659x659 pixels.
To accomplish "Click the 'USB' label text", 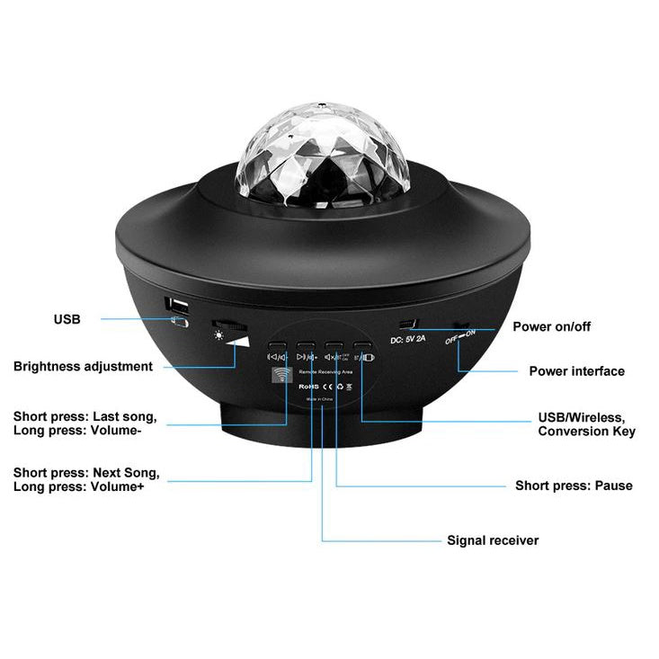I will point(67,318).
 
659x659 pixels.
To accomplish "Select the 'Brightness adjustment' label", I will point(83,367).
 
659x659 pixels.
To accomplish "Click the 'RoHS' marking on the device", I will point(310,385).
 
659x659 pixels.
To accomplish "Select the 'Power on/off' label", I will point(552,326).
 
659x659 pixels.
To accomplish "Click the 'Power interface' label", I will point(576,370).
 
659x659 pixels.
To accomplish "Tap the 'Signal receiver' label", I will point(493,540).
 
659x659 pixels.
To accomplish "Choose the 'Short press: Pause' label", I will point(574,485).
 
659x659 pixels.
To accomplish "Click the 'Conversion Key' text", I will point(586,432).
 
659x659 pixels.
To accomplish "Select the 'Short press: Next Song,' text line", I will point(86,472).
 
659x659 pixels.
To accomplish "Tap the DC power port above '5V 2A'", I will point(410,324).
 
